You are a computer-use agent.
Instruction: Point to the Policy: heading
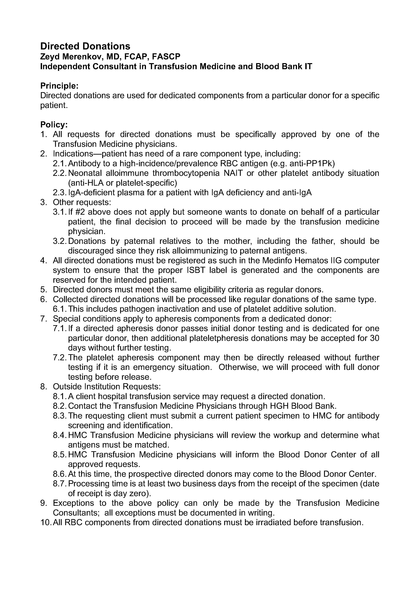click(x=54, y=125)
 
